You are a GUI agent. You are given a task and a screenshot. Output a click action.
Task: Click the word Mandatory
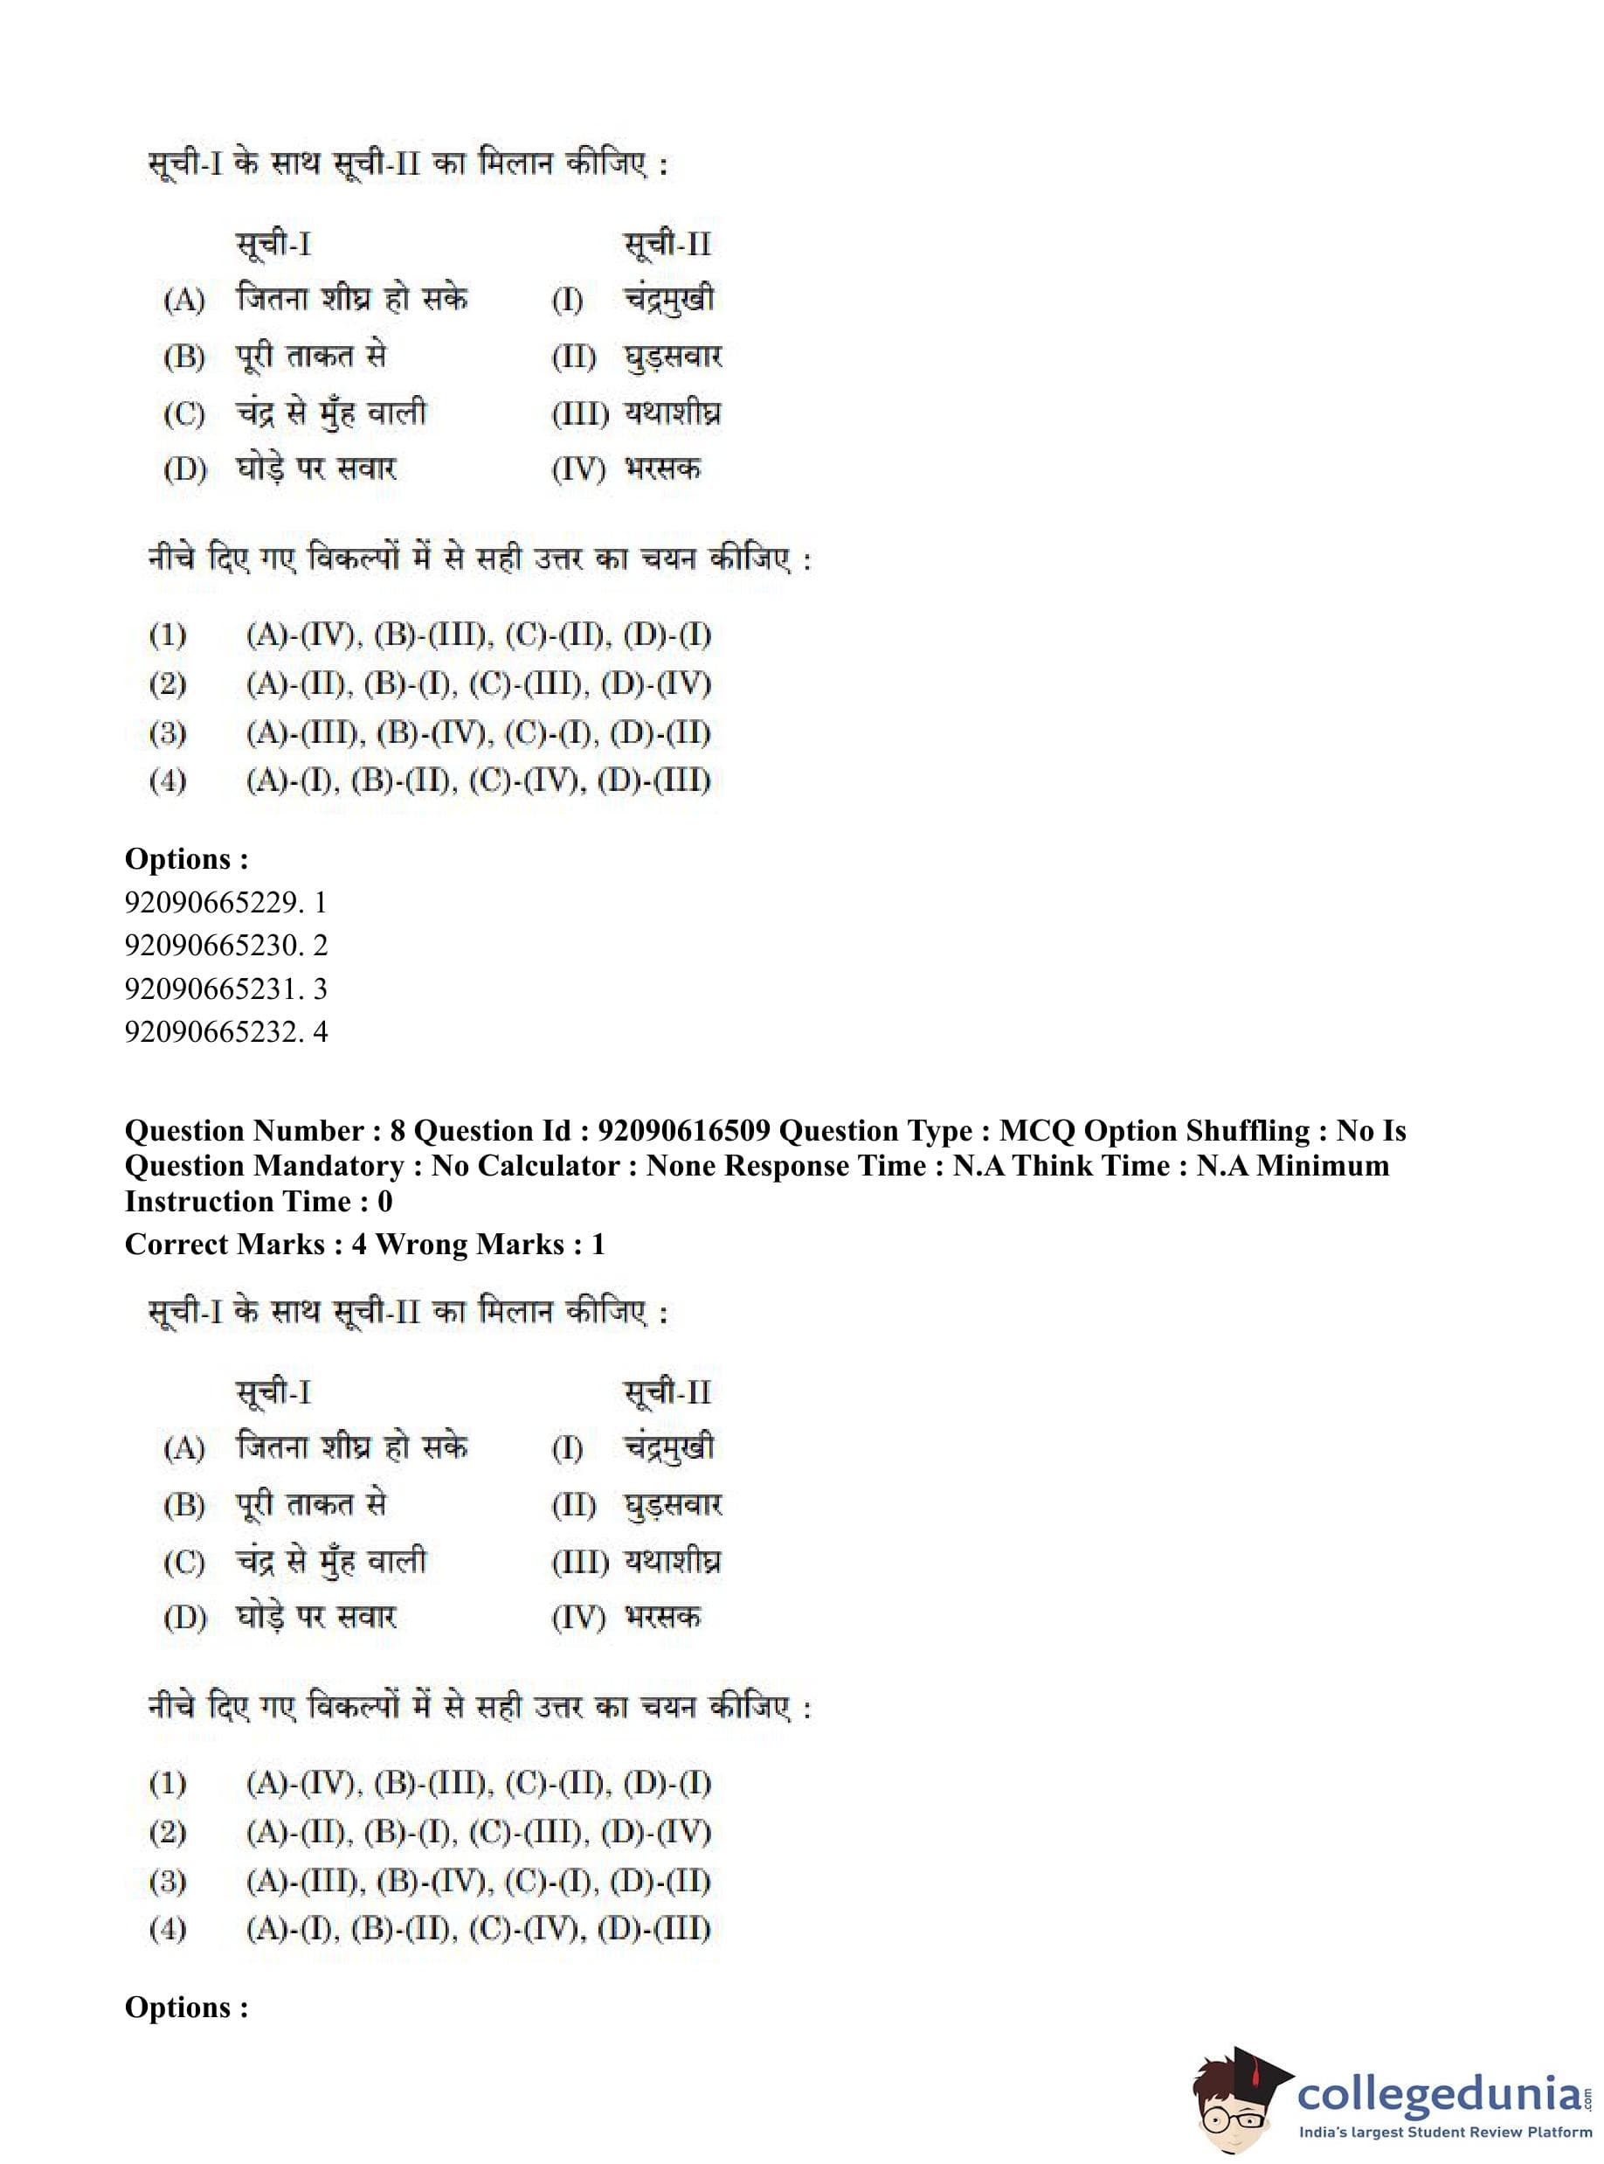(331, 1166)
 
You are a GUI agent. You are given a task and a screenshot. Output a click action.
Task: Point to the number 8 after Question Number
(398, 1131)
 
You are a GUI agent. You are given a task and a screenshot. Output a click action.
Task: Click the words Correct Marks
(225, 1245)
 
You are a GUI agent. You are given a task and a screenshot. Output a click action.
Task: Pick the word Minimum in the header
(1323, 1166)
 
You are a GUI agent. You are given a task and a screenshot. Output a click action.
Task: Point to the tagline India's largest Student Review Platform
(1445, 2132)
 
